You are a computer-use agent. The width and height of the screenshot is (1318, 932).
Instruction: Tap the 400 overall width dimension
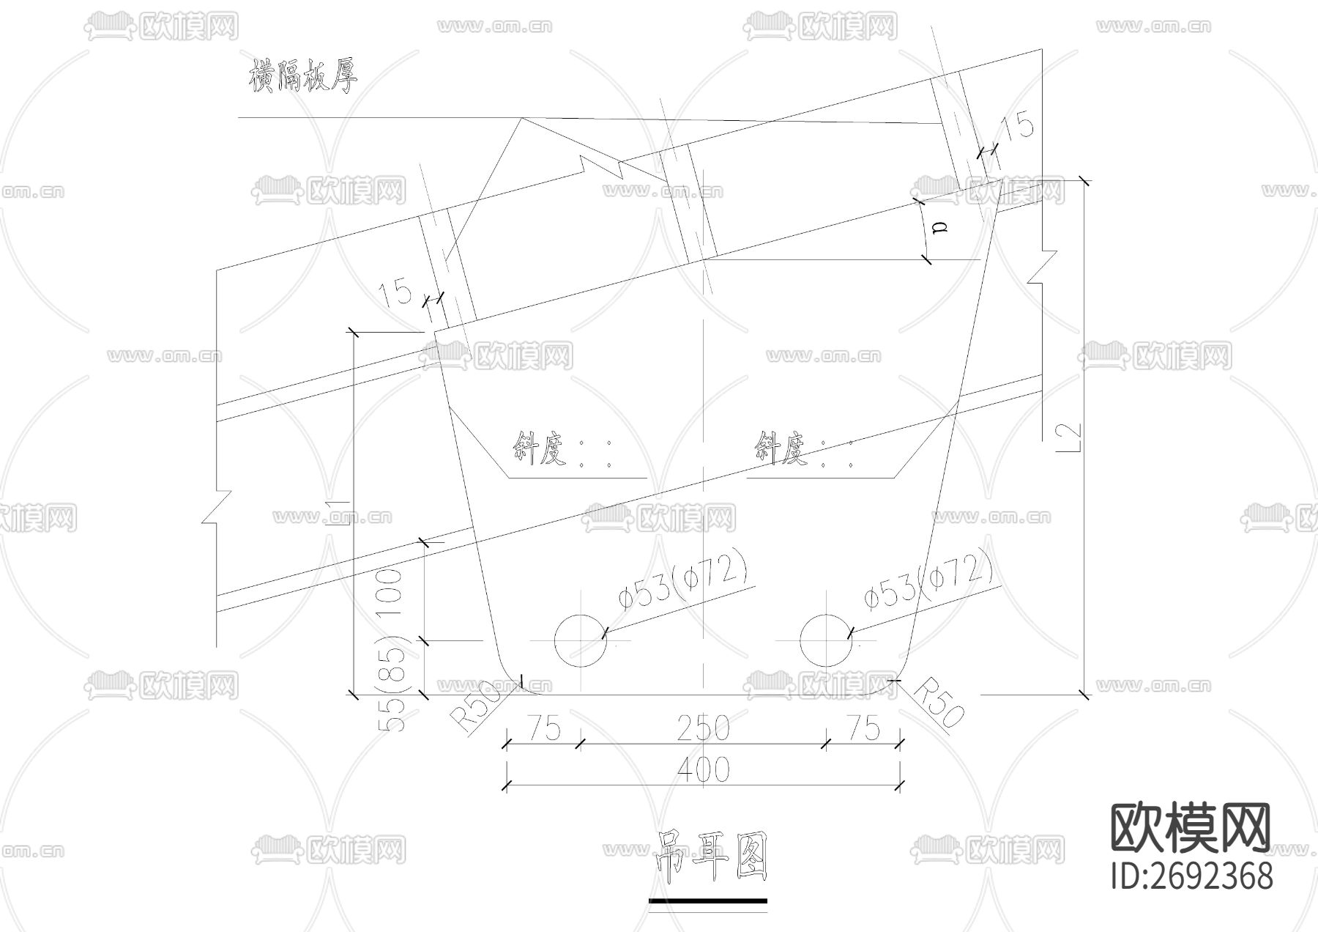(x=703, y=769)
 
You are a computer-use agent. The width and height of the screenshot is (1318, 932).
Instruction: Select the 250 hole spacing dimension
(x=703, y=728)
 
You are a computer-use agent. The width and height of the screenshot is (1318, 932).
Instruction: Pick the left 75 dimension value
(x=543, y=728)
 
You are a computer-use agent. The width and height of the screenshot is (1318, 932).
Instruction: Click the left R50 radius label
(x=480, y=708)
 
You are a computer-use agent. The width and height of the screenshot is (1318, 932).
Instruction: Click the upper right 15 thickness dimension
(x=1018, y=126)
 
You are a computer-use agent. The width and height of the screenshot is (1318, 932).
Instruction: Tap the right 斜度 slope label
(x=781, y=448)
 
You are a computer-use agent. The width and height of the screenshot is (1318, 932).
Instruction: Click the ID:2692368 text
(x=1192, y=876)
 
